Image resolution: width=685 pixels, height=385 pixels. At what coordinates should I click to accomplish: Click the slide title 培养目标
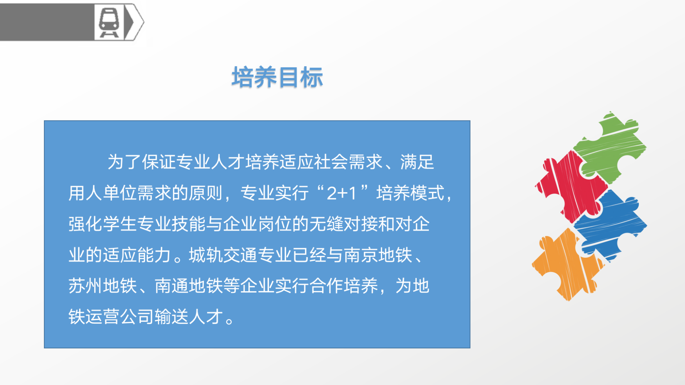(277, 77)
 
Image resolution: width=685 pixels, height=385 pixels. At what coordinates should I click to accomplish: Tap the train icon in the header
(109, 22)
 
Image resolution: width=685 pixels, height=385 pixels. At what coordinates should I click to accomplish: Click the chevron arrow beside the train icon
(134, 22)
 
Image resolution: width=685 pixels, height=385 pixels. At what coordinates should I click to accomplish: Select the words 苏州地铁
(103, 286)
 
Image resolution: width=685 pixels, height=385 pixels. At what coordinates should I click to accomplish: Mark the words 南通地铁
(189, 286)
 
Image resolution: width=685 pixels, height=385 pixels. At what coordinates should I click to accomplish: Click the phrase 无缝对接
(344, 224)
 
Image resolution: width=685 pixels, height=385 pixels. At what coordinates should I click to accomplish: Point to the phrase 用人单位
(103, 193)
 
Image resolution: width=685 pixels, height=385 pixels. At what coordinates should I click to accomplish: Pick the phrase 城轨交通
(223, 255)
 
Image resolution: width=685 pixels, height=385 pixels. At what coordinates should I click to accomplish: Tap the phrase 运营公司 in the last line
(120, 317)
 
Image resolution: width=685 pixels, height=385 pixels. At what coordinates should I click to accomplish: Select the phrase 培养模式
(411, 193)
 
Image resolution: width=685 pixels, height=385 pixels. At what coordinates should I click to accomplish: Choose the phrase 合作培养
(344, 286)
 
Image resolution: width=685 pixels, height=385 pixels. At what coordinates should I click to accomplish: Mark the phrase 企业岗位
(258, 224)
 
